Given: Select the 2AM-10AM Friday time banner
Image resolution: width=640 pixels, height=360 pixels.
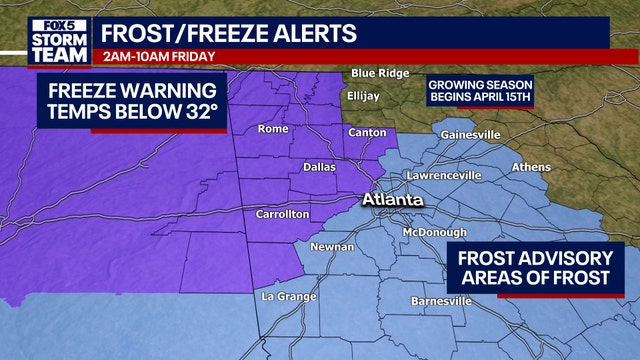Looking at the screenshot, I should coord(151,55).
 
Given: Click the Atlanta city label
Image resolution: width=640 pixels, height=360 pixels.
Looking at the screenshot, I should coord(393,200).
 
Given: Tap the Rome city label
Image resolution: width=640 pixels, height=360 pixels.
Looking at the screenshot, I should coord(273,129).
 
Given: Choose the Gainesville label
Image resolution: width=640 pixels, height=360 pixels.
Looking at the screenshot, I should coord(469,134).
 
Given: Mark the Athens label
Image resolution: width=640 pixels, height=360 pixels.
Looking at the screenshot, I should coord(530,167).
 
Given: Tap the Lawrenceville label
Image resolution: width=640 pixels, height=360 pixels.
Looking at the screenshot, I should coord(444,176).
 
